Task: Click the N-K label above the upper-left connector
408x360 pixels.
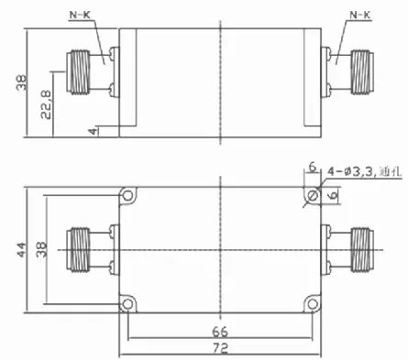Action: pyautogui.click(x=81, y=15)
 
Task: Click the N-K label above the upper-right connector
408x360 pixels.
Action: pyautogui.click(x=360, y=15)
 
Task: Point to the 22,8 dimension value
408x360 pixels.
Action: pyautogui.click(x=46, y=104)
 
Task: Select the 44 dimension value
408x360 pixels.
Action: pyautogui.click(x=22, y=249)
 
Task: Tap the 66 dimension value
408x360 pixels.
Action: pyautogui.click(x=220, y=332)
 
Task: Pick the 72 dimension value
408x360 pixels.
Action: pyautogui.click(x=220, y=348)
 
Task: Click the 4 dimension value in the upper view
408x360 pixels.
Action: pyautogui.click(x=93, y=131)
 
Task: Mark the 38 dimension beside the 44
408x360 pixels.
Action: pyautogui.click(x=41, y=249)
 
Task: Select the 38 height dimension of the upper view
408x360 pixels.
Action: pyautogui.click(x=21, y=82)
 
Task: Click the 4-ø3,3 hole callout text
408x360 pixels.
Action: pyautogui.click(x=350, y=171)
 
